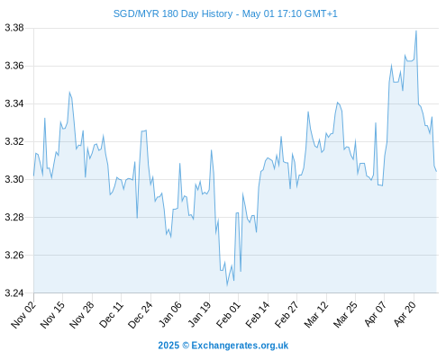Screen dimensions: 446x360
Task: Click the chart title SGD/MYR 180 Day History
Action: pos(173,13)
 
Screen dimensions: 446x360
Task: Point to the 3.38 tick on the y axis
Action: pos(14,28)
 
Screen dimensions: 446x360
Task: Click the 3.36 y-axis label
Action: pos(14,66)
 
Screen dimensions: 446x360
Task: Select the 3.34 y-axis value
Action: pos(14,103)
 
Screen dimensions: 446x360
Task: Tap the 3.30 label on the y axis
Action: pos(14,179)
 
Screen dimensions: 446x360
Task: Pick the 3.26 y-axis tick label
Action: pos(14,255)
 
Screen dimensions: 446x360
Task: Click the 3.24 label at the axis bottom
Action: pos(14,292)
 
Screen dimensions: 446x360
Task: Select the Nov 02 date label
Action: pos(23,314)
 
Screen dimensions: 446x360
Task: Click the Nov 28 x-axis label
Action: pos(82,314)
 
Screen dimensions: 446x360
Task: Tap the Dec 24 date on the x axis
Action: pos(141,314)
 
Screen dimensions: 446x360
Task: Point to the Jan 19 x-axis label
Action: pos(199,314)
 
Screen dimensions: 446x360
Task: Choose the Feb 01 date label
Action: pos(228,314)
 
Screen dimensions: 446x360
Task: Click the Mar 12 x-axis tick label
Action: pos(316,314)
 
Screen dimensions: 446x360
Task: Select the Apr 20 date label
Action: pos(405,314)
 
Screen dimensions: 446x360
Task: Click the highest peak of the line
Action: pos(416,31)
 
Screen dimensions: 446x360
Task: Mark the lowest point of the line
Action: pos(227,285)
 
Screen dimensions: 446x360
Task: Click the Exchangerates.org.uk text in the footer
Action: pos(240,346)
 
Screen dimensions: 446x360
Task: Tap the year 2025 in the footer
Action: pos(168,346)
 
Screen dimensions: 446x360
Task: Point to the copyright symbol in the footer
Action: pos(186,346)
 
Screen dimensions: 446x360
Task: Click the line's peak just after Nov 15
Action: pos(69,92)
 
